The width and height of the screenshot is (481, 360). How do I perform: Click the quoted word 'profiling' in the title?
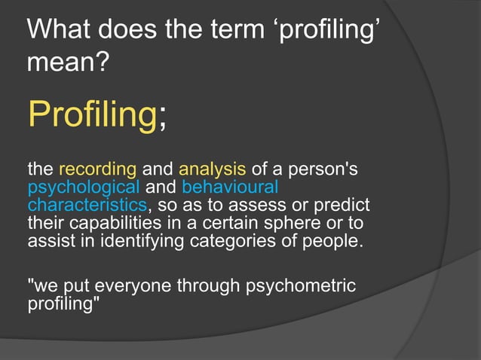tap(329, 32)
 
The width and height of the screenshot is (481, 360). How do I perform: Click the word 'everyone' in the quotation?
tap(138, 288)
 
